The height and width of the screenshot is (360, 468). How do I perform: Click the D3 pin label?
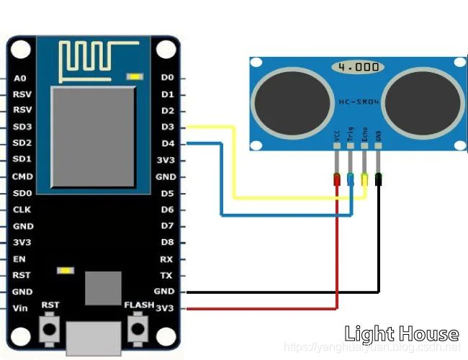click(168, 127)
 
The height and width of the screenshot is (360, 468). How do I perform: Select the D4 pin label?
click(168, 143)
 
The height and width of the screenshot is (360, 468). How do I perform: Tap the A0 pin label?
click(20, 78)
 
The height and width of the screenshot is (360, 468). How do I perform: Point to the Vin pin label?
click(21, 308)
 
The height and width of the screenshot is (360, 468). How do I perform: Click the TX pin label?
click(166, 275)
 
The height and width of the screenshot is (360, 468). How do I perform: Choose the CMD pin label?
click(22, 176)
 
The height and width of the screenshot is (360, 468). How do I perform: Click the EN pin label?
click(20, 258)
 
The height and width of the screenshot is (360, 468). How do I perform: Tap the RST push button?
click(50, 329)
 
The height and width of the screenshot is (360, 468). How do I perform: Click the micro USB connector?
click(94, 338)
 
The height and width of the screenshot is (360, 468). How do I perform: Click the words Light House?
click(401, 333)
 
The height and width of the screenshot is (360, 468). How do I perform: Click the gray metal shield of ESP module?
click(94, 136)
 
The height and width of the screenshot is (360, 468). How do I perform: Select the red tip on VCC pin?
click(337, 179)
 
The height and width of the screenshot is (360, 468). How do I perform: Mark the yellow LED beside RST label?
click(65, 271)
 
